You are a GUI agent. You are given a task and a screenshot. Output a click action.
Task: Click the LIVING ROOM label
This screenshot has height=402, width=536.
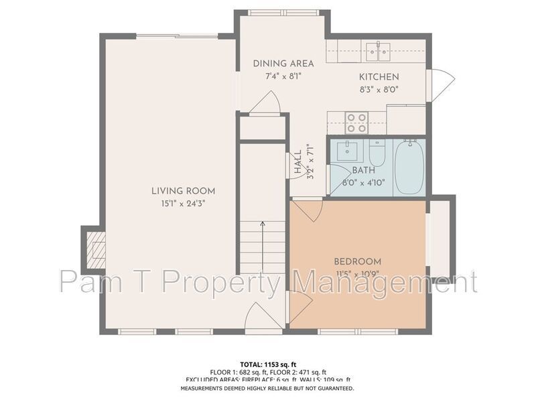coord(183,191)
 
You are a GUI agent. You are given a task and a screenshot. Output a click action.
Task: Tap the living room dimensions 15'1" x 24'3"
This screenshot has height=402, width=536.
coord(183,203)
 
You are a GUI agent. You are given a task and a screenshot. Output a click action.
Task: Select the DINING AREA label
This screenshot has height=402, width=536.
coord(283,64)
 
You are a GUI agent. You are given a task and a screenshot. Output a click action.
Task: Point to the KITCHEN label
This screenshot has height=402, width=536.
coord(379,77)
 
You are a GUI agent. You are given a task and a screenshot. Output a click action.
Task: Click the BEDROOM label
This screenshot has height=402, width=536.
coord(357,261)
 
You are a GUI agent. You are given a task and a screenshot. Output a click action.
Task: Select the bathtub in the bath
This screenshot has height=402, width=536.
coord(409,167)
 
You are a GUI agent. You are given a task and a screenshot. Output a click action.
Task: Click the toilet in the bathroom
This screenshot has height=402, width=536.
coord(377,154)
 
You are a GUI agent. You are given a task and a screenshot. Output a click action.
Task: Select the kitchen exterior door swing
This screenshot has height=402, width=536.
coord(440,85)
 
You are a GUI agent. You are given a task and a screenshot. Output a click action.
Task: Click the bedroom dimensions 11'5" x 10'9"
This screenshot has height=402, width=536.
coord(357,273)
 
